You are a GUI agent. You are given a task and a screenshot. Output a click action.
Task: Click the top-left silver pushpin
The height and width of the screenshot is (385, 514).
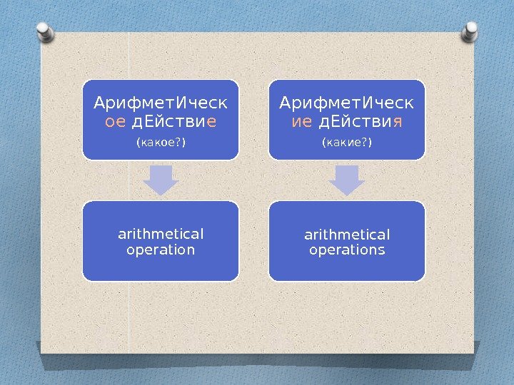tap(43, 31)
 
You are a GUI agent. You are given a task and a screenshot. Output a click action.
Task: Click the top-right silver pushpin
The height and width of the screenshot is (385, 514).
tap(471, 31)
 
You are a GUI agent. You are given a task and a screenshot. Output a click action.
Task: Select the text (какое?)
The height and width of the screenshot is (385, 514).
tap(161, 143)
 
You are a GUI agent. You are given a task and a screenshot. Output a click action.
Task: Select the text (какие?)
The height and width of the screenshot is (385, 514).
tap(348, 143)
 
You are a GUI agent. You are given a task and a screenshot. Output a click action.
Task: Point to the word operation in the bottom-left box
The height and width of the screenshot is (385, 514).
tap(161, 250)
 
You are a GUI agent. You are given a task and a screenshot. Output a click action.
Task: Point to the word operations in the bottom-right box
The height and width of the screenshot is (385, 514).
tap(348, 250)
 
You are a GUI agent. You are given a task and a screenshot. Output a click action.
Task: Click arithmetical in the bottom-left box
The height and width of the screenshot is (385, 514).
tap(161, 234)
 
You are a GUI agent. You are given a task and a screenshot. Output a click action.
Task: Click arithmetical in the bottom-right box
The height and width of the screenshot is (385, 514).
tap(348, 234)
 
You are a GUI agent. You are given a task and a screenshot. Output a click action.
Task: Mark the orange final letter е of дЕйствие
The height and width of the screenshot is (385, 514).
tap(211, 122)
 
